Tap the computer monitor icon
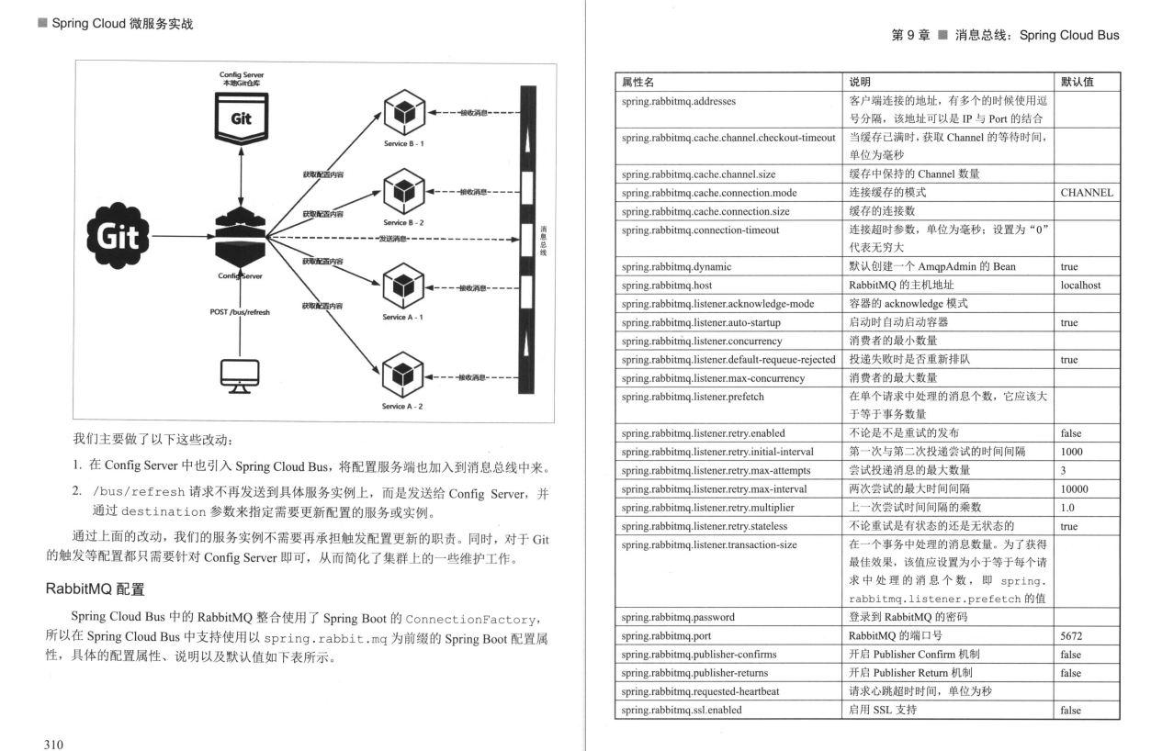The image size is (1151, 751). [240, 374]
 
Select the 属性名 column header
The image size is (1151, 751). [638, 84]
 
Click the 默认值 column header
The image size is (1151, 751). [1076, 84]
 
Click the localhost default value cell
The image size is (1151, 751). [1080, 286]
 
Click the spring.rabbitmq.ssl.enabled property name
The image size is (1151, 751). [681, 710]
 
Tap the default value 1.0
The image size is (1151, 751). [1067, 507]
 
